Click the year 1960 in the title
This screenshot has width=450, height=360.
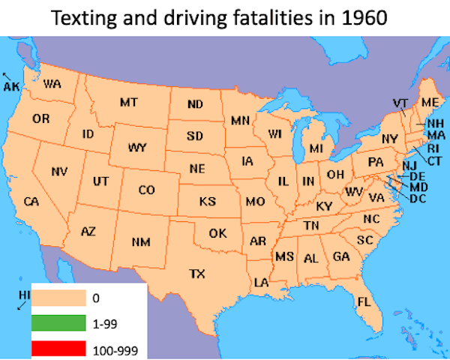point(364,16)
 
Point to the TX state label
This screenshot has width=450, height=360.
point(196,273)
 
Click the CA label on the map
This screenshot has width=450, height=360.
point(31,201)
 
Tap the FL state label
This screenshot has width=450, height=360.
point(364,301)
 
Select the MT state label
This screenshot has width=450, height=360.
point(128,101)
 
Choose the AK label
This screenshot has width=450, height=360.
point(11,87)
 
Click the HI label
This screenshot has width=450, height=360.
point(22,294)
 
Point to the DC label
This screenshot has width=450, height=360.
point(418,198)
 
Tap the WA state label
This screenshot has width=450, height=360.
point(52,84)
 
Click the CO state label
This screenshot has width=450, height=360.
point(147,190)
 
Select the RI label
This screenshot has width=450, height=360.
point(433,148)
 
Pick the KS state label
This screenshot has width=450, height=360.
point(208,201)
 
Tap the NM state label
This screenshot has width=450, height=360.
point(141,241)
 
